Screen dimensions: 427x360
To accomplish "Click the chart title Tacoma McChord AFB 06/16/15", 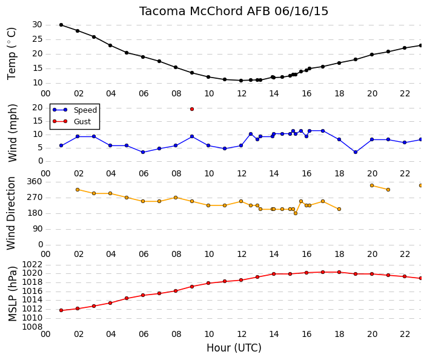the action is (x=234, y=12).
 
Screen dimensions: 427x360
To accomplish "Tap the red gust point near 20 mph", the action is (x=192, y=109).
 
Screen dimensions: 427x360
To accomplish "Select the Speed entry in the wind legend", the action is (x=75, y=110).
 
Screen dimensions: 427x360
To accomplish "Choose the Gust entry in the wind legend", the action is (x=71, y=121).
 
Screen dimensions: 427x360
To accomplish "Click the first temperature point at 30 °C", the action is (x=61, y=25).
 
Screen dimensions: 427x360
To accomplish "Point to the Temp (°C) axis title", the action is (x=12, y=54).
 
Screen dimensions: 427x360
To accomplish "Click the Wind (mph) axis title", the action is (x=12, y=133).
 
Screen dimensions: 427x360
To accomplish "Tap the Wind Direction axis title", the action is (x=11, y=213).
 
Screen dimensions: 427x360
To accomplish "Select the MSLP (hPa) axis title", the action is (x=12, y=294).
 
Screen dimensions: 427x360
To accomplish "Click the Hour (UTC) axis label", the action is (x=234, y=348).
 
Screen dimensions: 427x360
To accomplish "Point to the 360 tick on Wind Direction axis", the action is (x=35, y=182).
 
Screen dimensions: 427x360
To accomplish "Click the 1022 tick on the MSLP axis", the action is (x=32, y=264).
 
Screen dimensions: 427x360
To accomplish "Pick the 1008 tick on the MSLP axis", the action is (x=32, y=327).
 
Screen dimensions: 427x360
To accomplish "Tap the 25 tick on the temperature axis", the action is (x=38, y=39).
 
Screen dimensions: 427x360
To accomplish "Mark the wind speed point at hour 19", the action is (x=356, y=152).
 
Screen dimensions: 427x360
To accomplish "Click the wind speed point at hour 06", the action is (x=143, y=152).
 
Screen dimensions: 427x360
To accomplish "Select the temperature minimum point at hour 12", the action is (x=241, y=81).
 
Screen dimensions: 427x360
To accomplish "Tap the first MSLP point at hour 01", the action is (x=61, y=310).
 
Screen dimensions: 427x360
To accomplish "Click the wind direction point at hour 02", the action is (x=78, y=190).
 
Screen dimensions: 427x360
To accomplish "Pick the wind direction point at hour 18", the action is (x=339, y=209).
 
